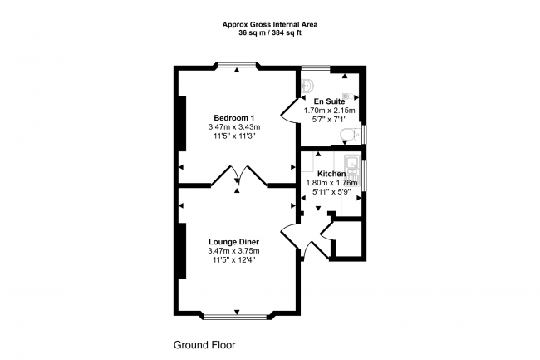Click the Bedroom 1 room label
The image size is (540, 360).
233,117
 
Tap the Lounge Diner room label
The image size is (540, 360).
233,242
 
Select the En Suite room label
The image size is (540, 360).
329,100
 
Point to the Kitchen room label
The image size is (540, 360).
331,174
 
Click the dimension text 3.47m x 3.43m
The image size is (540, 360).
233,127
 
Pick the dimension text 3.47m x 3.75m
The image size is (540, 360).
233,251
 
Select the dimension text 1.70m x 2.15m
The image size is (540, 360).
329,110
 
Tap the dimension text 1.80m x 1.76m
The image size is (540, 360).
331,183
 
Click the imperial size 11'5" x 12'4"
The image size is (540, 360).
233,260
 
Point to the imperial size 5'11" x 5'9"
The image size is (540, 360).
331,192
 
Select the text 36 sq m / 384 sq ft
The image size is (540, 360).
270,33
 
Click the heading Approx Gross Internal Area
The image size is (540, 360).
270,24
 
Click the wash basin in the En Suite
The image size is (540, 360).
307,82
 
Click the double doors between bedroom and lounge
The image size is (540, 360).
238,175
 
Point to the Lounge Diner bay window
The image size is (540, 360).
238,316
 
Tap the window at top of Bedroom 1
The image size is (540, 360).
238,66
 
